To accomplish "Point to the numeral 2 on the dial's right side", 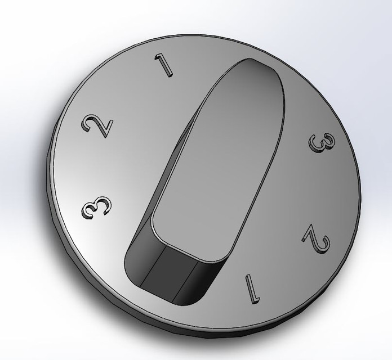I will [316, 239].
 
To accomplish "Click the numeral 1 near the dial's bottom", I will [250, 286].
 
